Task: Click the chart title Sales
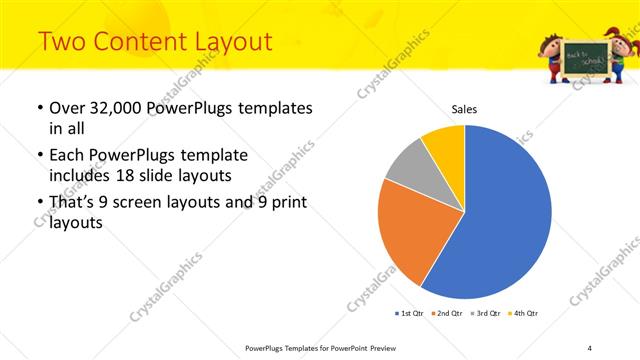(464, 109)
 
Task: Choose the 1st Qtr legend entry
(409, 314)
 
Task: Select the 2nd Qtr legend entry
(446, 314)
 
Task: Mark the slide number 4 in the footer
(590, 348)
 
